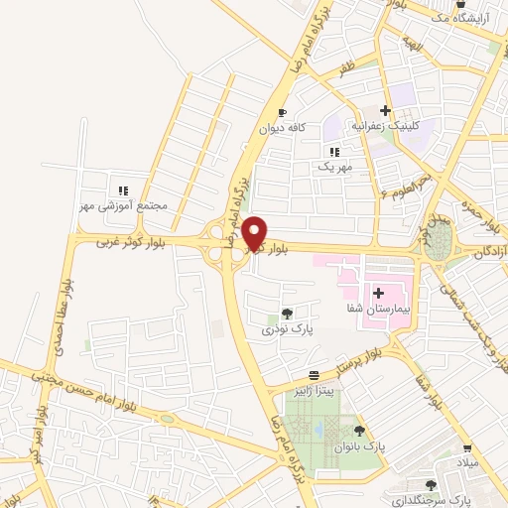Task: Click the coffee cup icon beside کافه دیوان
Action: coord(283,113)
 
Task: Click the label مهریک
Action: coord(334,168)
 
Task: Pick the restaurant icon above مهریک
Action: coord(334,152)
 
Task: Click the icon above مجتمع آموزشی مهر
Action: coord(123,190)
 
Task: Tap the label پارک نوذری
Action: coord(287,328)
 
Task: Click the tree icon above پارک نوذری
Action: coord(287,313)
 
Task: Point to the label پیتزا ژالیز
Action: coord(316,391)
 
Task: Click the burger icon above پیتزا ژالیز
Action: coord(315,375)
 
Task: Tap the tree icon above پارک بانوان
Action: coord(359,432)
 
